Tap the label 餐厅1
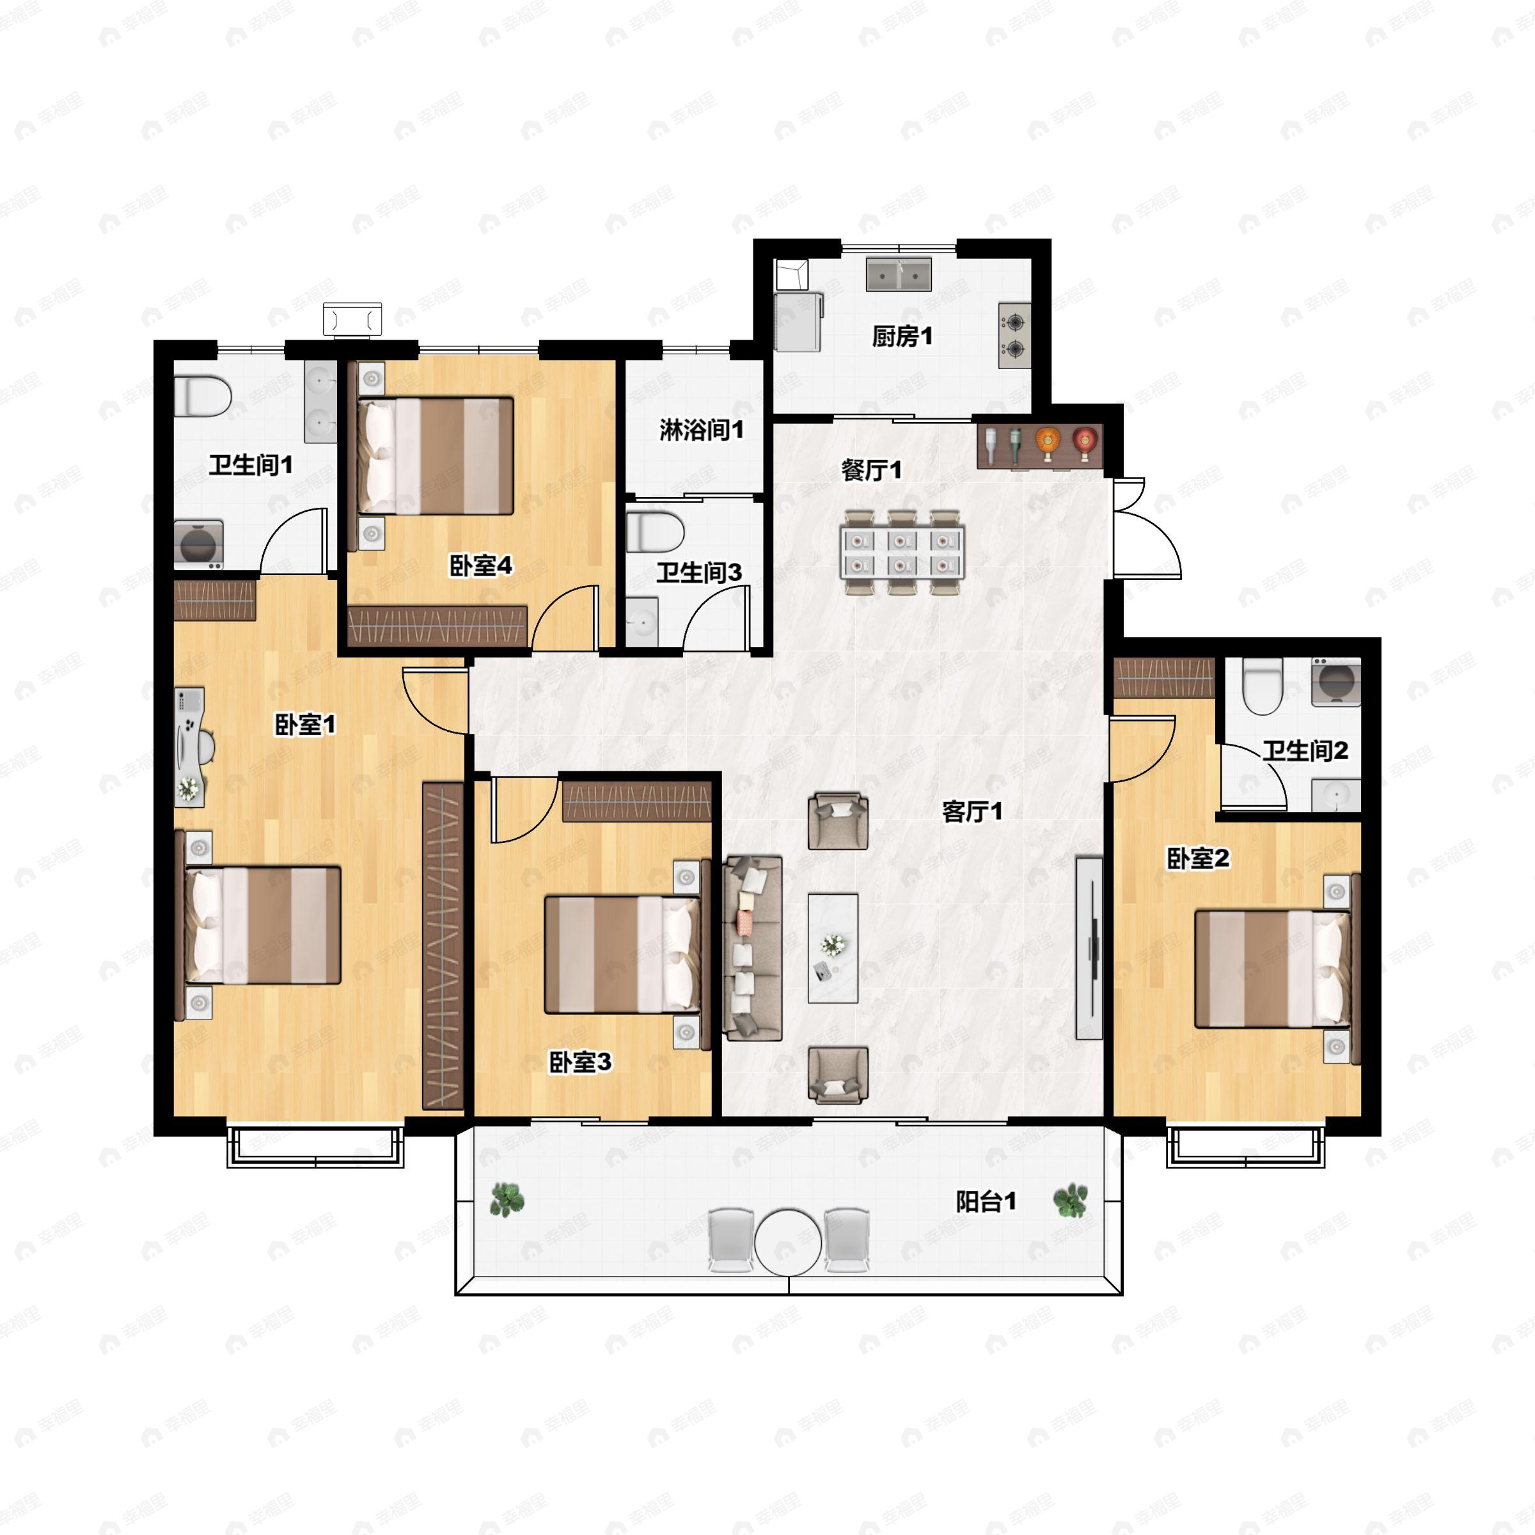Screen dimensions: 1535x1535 (x=872, y=470)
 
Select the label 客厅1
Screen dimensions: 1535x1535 (x=972, y=811)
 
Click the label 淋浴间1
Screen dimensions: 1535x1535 (x=702, y=430)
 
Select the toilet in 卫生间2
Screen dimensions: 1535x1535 (x=1263, y=686)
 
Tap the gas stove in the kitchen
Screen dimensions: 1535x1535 (x=1014, y=335)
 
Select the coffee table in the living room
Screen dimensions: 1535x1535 (x=833, y=948)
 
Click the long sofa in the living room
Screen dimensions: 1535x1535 (x=752, y=948)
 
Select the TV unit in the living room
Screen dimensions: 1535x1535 (x=1089, y=947)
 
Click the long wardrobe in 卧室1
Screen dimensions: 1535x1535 (x=443, y=945)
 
